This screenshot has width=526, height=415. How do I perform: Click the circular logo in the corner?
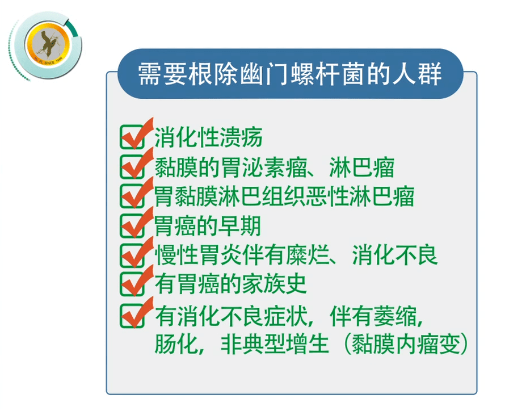click(45, 45)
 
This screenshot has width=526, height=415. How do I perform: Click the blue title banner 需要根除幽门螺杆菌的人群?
click(290, 74)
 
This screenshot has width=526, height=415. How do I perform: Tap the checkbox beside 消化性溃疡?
click(132, 137)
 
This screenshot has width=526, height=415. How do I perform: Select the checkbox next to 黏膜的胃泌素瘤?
click(132, 166)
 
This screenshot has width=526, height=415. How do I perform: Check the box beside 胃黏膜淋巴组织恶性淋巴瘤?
click(132, 195)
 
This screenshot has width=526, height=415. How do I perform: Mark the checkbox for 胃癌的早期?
click(132, 225)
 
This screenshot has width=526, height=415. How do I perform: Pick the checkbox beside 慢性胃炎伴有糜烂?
click(132, 254)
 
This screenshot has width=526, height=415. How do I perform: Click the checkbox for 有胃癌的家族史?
click(132, 284)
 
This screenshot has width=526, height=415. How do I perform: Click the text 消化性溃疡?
click(208, 137)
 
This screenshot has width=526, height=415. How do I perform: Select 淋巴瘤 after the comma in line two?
click(361, 167)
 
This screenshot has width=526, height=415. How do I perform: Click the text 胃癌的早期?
click(207, 225)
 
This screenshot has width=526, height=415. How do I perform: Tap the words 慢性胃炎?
click(197, 255)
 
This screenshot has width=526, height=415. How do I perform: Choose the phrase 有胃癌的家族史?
click(230, 284)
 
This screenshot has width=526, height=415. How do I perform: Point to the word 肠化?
click(176, 344)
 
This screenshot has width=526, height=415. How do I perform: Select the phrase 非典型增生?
click(275, 344)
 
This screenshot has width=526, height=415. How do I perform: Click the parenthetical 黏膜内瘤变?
click(405, 344)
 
